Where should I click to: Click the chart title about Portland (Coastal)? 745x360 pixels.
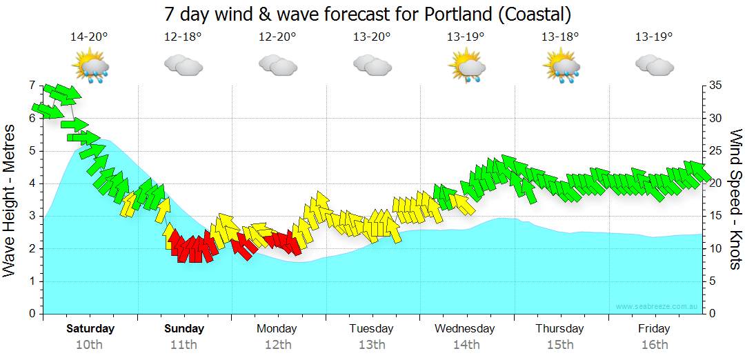tap(368, 14)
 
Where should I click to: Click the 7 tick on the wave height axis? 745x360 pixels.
tap(32, 86)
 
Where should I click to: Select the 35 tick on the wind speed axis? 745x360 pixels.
tap(716, 86)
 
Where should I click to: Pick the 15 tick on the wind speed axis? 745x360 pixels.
tap(716, 216)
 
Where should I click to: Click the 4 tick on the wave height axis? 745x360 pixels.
tap(32, 183)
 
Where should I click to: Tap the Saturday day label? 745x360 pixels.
tap(90, 329)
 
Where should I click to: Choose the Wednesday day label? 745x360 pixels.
tap(465, 329)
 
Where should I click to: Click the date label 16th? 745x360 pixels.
tap(654, 345)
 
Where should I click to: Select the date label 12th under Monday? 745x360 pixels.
tap(277, 345)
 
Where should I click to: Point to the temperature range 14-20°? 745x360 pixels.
tap(89, 37)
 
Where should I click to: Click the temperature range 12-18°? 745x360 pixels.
tap(183, 37)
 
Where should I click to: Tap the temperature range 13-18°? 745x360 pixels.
tap(559, 37)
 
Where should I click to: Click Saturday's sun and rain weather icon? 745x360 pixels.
tap(90, 67)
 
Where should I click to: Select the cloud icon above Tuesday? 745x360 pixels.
tap(372, 66)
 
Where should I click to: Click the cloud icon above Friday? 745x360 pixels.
tap(654, 66)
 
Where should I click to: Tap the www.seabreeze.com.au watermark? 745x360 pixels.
tap(657, 306)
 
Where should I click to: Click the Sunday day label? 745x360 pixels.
tap(184, 329)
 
